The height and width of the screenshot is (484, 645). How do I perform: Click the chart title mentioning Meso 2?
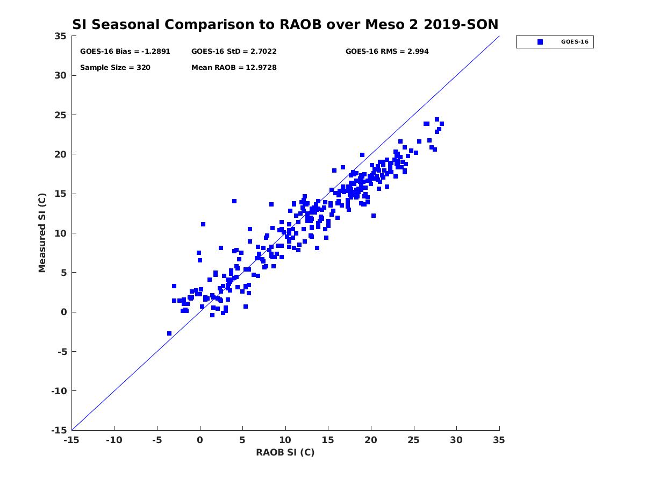pos(285,24)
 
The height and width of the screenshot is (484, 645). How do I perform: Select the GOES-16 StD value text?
pos(234,52)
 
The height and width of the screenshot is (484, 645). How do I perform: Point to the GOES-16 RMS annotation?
pos(387,52)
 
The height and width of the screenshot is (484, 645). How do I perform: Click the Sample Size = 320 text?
pos(115,68)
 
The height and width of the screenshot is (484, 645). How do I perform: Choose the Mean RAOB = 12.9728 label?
pos(234,68)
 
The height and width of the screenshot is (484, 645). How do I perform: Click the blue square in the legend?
pos(540,42)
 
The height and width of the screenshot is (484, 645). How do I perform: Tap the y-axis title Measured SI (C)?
pos(42,233)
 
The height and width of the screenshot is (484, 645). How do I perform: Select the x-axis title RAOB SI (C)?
pos(285,452)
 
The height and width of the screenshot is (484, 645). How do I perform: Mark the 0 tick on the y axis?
pos(64,312)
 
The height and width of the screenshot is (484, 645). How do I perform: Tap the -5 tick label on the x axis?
pos(157,440)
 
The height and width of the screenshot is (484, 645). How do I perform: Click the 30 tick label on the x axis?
pos(457,440)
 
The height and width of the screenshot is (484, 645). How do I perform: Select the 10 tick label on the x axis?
pos(285,440)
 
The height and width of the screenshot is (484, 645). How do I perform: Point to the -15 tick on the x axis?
pos(71,440)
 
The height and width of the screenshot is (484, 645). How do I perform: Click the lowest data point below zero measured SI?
pos(169,333)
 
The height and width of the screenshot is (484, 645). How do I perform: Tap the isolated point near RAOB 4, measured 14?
pos(234,201)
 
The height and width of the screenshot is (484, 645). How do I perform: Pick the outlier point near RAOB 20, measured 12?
pos(374,216)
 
